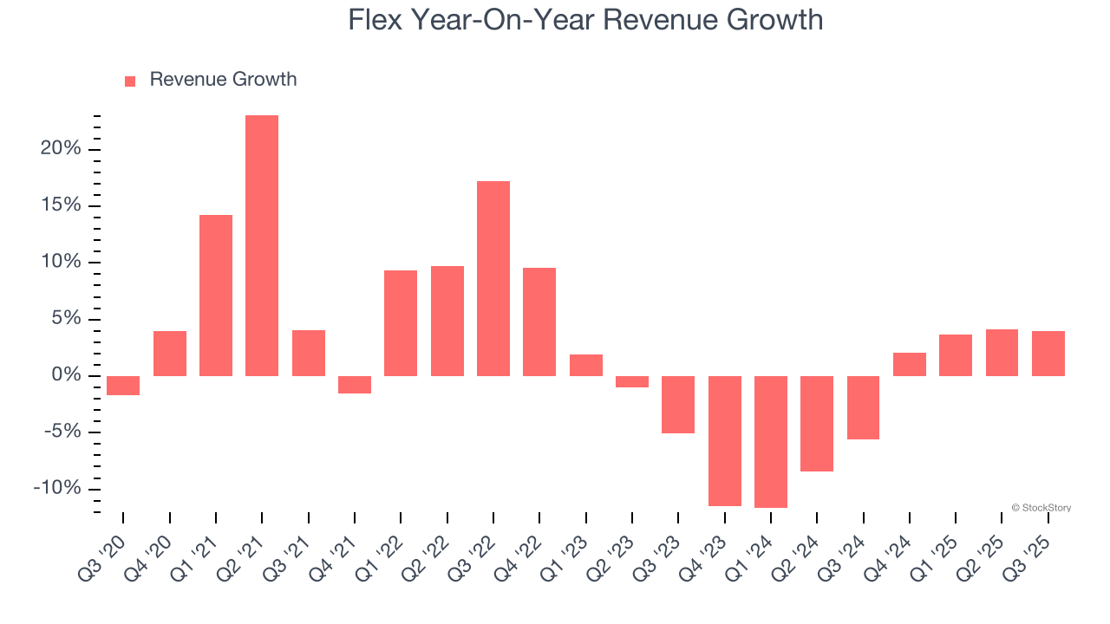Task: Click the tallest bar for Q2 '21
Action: pos(262,245)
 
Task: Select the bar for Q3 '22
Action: pos(493,278)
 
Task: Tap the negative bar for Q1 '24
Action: pos(771,441)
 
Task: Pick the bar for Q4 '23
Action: pos(725,440)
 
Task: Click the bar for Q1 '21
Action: pos(216,295)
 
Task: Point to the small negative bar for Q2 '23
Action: pos(632,381)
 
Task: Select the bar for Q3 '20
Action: pos(123,385)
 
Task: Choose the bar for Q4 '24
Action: pos(910,364)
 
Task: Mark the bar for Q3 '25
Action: pos(1048,354)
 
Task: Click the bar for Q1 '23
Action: pos(586,365)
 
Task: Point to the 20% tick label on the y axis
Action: pos(61,149)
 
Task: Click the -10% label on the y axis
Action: pos(57,488)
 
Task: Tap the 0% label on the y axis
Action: pos(66,375)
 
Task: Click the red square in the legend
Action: pos(130,81)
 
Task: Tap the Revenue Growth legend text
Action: pos(223,80)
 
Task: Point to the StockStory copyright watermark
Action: pos(1041,508)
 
